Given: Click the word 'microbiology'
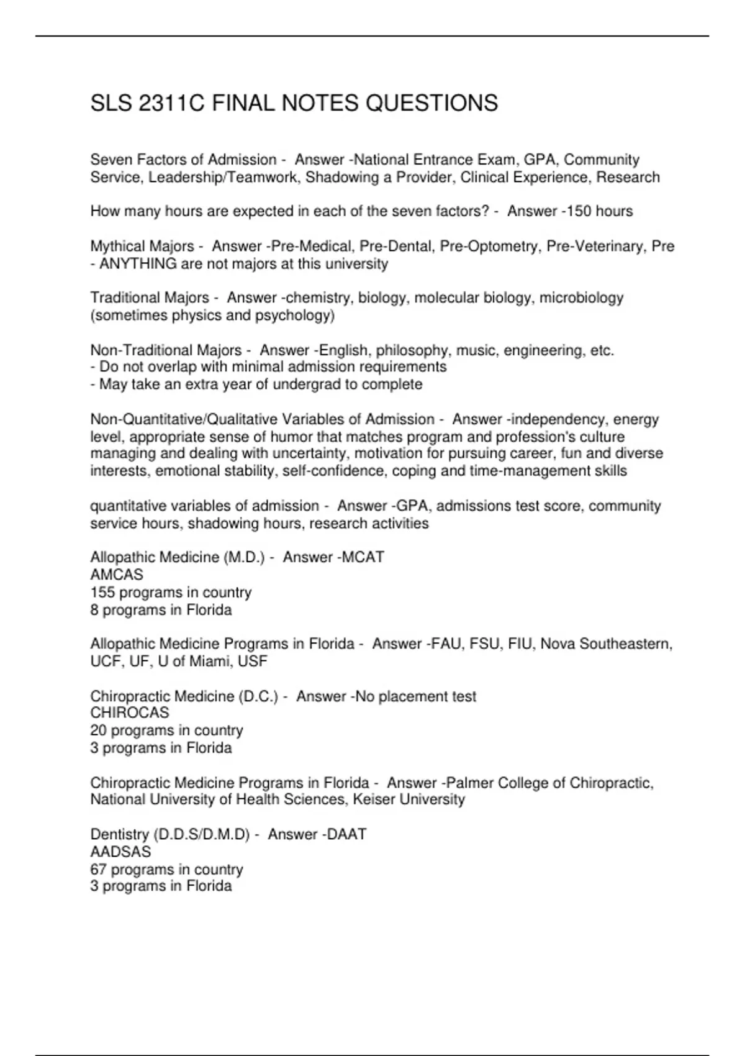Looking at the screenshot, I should [581, 298].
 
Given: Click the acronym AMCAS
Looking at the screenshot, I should [117, 575].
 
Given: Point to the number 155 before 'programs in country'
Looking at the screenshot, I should [102, 592].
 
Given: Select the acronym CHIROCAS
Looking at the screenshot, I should [130, 713].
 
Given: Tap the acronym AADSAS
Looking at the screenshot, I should [120, 852].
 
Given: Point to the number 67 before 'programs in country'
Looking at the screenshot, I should [98, 869].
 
